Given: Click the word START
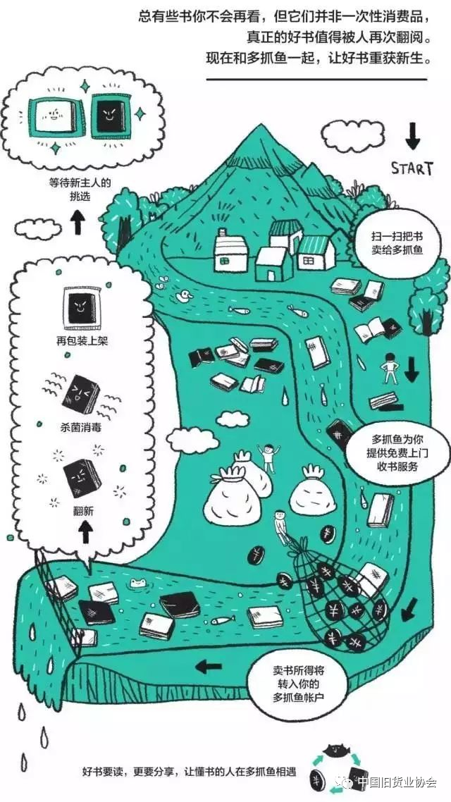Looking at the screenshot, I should pyautogui.click(x=412, y=168).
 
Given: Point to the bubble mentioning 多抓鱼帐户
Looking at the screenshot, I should pyautogui.click(x=300, y=682).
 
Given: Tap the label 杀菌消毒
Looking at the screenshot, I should pyautogui.click(x=82, y=426).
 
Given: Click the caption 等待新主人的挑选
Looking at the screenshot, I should pyautogui.click(x=79, y=189).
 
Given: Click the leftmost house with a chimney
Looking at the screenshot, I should pyautogui.click(x=231, y=253).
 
